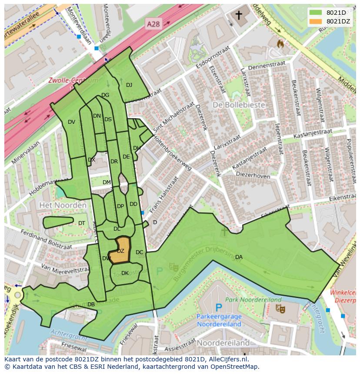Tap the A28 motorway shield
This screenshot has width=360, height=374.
(153, 24)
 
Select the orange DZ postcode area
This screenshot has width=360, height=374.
(121, 251)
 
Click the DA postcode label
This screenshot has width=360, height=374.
(239, 257)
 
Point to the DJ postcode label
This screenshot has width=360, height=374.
(129, 85)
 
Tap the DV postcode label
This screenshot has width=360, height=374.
(72, 122)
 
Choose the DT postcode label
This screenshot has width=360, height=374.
(82, 223)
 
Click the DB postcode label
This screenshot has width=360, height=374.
(91, 304)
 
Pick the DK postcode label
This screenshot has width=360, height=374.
(125, 273)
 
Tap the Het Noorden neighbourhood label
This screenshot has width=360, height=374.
(63, 205)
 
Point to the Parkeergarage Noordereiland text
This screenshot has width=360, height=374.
(219, 320)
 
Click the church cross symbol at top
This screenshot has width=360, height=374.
(239, 16)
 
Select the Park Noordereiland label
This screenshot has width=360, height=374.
(253, 300)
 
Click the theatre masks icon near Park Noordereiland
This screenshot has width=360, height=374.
(280, 309)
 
